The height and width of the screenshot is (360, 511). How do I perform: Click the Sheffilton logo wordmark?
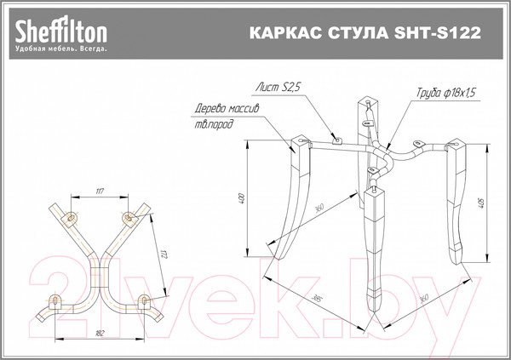[x=60, y=32]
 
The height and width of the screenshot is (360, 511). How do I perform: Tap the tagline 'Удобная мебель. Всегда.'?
[x=60, y=50]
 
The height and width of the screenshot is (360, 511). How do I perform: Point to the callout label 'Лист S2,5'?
[x=279, y=87]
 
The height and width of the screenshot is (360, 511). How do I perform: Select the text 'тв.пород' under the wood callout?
[x=213, y=125]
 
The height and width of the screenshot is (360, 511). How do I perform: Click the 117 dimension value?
[x=100, y=191]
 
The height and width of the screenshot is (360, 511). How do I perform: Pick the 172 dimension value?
[x=163, y=250]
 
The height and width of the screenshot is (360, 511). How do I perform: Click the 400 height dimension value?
[x=242, y=201]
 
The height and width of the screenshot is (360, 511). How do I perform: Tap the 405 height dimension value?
[x=482, y=203]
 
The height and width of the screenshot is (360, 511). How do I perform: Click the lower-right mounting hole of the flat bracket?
[x=143, y=300]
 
